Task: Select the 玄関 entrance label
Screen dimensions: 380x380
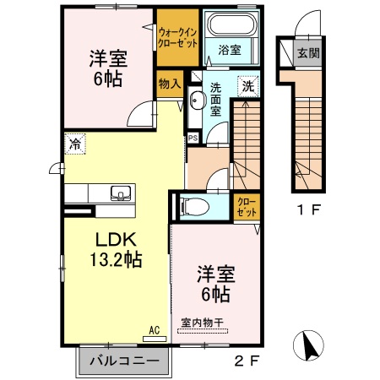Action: [x=307, y=53]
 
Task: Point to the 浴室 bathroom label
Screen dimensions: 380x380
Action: [x=228, y=50]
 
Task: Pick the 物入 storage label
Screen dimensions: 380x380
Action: [x=169, y=84]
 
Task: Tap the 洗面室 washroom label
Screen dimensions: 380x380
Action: [x=217, y=99]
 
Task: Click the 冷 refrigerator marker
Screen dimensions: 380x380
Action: [x=75, y=144]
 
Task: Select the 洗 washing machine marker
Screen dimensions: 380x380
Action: [x=249, y=85]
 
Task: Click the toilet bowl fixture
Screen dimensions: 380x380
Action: [x=191, y=204]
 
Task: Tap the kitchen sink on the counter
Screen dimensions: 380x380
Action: [x=119, y=191]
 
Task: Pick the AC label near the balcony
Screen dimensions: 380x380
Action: [x=154, y=330]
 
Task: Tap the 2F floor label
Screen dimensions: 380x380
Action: [x=244, y=364]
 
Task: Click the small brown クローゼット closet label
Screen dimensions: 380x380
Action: [x=245, y=204]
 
